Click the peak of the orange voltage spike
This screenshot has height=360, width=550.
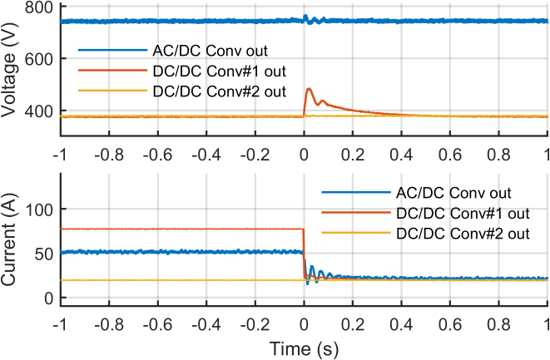[x=310, y=88]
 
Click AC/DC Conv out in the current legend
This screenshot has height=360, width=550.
[x=442, y=193]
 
